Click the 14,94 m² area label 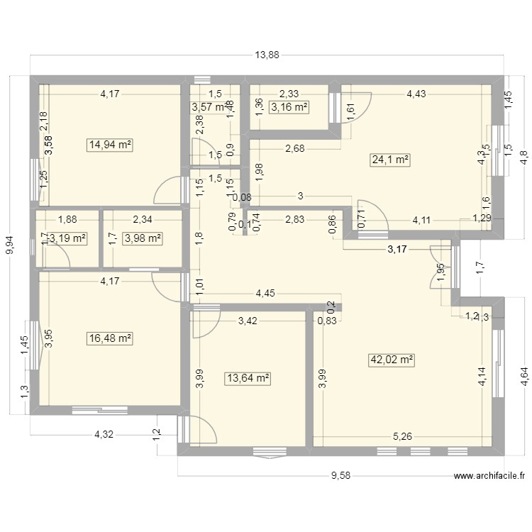click(x=110, y=145)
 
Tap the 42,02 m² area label click(x=391, y=360)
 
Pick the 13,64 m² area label click(x=248, y=379)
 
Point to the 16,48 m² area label click(x=110, y=339)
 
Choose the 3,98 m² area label click(x=143, y=238)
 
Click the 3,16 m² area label click(x=289, y=107)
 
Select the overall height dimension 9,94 click(x=10, y=245)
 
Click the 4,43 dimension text click(x=416, y=93)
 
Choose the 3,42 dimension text click(x=248, y=321)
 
